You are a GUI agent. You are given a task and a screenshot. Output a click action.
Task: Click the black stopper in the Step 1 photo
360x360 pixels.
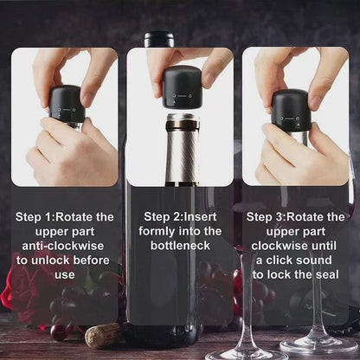[67, 104]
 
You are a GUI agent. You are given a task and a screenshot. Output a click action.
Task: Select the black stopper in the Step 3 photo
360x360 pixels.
[292, 109]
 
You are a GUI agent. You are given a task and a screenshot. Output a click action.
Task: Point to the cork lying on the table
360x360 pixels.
[103, 336]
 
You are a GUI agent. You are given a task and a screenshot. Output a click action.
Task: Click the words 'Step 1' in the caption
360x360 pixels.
[34, 217]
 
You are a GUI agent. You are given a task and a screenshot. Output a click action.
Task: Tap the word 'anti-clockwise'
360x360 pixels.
[63, 246]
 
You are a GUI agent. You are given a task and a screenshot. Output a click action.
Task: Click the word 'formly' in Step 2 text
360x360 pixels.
[157, 232]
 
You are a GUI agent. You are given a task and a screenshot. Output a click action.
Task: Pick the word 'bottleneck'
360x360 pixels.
[180, 246]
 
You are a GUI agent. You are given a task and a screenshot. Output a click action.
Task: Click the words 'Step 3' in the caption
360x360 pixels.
[265, 217]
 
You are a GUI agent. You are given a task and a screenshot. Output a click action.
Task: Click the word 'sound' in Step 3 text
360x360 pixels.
[313, 260]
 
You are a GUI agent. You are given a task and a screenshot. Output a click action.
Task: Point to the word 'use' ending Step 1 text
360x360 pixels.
[65, 275]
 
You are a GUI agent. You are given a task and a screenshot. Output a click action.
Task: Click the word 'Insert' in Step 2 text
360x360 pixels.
[200, 217]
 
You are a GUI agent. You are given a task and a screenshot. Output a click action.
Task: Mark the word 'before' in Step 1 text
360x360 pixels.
[92, 260]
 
